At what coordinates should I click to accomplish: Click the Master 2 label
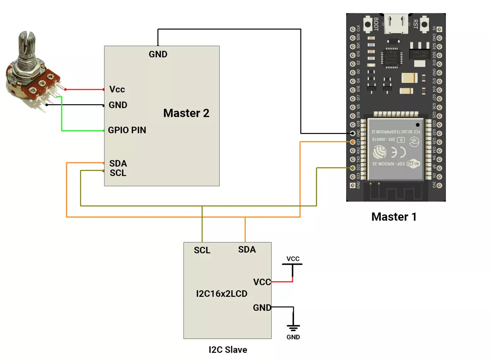pyautogui.click(x=186, y=113)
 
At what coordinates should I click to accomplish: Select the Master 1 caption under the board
pyautogui.click(x=394, y=217)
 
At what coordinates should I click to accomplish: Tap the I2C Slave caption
pyautogui.click(x=228, y=350)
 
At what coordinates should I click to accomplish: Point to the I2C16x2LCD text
pyautogui.click(x=222, y=294)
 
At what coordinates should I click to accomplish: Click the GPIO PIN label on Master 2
pyautogui.click(x=127, y=130)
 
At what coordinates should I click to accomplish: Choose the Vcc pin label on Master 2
pyautogui.click(x=117, y=89)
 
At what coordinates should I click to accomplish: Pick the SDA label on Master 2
pyautogui.click(x=118, y=163)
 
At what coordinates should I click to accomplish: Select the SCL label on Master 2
pyautogui.click(x=118, y=173)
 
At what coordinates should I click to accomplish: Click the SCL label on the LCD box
pyautogui.click(x=202, y=250)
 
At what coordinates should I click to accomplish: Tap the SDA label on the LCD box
pyautogui.click(x=247, y=249)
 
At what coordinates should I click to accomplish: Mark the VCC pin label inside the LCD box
pyautogui.click(x=262, y=282)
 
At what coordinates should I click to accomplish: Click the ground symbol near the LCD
pyautogui.click(x=293, y=328)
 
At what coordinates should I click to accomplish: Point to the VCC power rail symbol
pyautogui.click(x=293, y=264)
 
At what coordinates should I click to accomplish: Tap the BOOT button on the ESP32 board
pyautogui.click(x=367, y=24)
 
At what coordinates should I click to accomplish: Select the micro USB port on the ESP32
pyautogui.click(x=396, y=24)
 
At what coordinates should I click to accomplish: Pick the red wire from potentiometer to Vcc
pyautogui.click(x=84, y=90)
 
